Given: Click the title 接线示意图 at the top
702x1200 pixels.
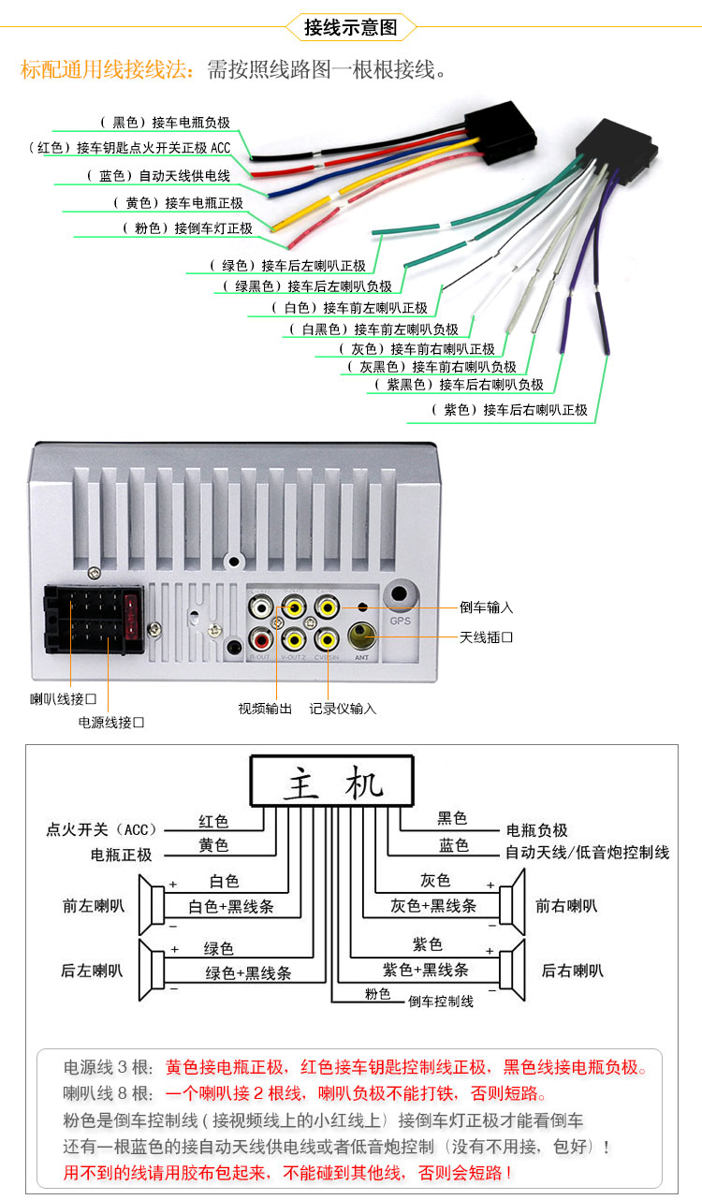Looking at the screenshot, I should coord(350,27).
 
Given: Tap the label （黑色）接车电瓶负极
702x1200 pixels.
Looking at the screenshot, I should coord(164,122).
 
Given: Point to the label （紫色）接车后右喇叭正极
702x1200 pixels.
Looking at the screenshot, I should coord(509,410).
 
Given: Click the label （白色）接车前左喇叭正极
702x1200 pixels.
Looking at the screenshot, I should coord(348,308).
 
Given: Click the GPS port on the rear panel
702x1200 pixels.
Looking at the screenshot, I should coord(401,594).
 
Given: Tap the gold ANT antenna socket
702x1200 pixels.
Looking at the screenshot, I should coord(361,637).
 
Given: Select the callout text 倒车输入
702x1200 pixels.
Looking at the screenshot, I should coord(486,607).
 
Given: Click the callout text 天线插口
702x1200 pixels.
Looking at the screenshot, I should coord(486,637).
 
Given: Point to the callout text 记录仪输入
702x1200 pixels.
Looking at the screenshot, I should coord(343,709).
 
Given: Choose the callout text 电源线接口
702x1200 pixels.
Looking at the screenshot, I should coord(111,723).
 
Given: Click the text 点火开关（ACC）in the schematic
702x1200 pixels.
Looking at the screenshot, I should coord(103,829).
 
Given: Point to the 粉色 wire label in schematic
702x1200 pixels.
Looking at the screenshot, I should coord(377,994).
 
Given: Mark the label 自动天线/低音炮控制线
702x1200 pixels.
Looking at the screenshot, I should coord(587,853).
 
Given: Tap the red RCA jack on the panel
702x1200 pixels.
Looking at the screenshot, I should coord(260,640).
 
